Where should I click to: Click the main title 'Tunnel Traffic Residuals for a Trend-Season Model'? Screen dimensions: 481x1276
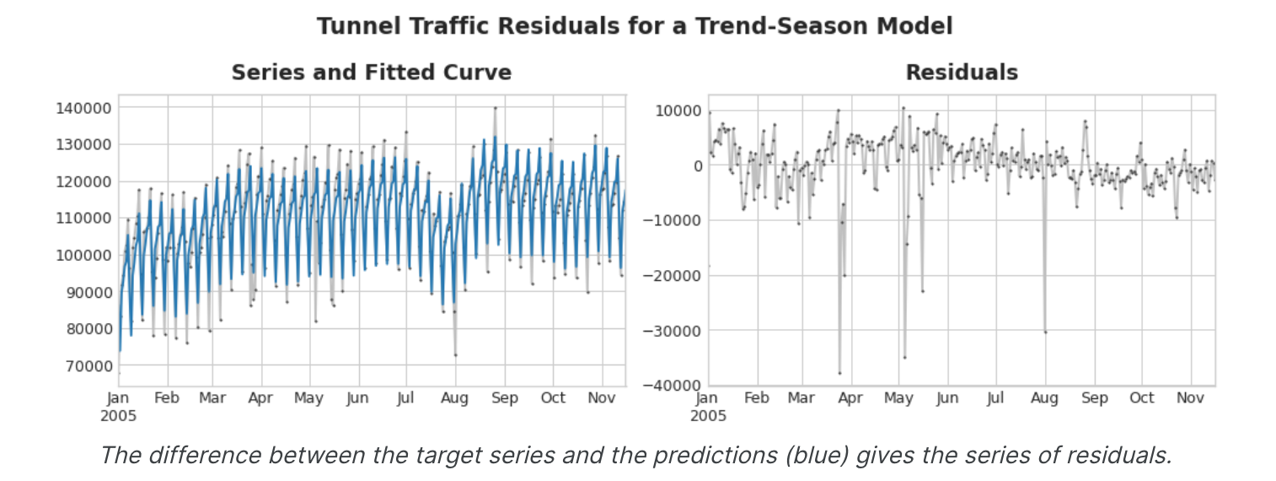(x=635, y=26)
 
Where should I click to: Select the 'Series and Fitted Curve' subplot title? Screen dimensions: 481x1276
(x=372, y=73)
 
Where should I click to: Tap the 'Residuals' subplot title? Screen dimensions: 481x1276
(x=962, y=73)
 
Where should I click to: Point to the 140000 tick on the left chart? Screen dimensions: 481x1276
(x=82, y=108)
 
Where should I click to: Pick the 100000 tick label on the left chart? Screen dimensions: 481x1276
(x=82, y=255)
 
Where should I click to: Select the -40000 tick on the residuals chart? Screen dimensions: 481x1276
(x=671, y=386)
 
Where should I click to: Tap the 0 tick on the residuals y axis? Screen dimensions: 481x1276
(x=697, y=166)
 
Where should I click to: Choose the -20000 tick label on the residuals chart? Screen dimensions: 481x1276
(x=671, y=276)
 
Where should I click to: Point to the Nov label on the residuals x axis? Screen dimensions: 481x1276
(x=1190, y=398)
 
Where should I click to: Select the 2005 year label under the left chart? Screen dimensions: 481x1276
(x=119, y=416)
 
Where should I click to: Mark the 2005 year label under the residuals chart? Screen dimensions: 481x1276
(x=709, y=416)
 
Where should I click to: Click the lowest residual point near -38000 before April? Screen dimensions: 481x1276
(x=839, y=373)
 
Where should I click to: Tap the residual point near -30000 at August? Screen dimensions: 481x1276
(x=1045, y=332)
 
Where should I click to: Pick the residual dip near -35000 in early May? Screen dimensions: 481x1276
(x=904, y=357)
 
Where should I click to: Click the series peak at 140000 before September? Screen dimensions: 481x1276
(x=496, y=108)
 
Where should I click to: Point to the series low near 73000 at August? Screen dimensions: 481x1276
(x=455, y=354)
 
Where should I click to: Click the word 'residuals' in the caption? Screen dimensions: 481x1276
(x=1122, y=456)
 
